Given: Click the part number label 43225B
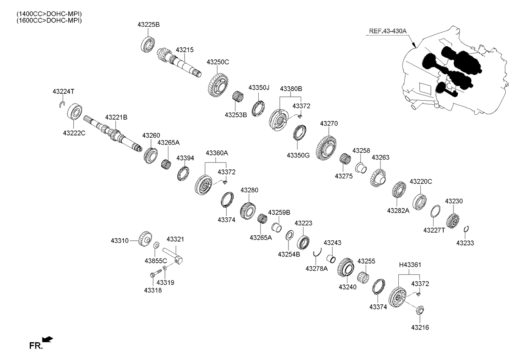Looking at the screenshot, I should point(148,25).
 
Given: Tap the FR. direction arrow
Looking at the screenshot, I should point(48,339).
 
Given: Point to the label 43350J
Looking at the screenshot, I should point(259,88).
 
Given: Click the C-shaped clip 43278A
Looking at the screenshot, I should point(316,256).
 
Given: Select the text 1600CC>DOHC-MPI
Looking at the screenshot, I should point(49,20).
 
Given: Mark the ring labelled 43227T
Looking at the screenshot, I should point(436,211).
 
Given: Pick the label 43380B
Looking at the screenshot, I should point(291,89).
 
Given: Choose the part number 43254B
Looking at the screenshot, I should point(289,254).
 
